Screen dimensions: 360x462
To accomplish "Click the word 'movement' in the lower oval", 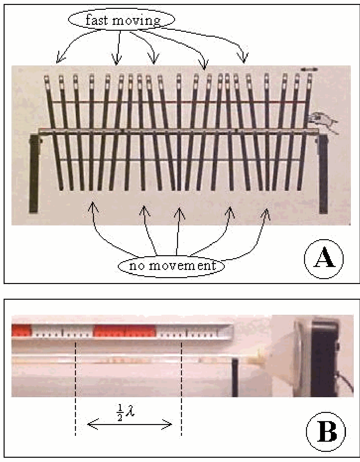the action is tap(182, 266).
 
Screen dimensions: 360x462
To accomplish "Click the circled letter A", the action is tap(324, 259).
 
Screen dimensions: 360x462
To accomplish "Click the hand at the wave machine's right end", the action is tap(322, 124).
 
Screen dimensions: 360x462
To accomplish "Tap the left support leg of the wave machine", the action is tap(34, 173).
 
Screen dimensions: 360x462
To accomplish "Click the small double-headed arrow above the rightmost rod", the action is tap(309, 69).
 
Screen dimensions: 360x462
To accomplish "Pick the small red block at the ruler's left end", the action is tap(22, 330).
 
